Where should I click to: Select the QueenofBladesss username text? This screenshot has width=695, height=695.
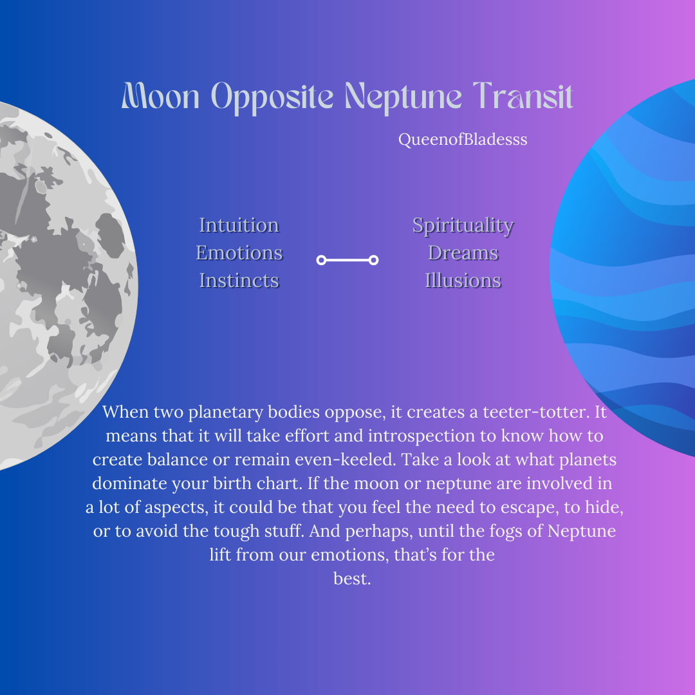(x=463, y=140)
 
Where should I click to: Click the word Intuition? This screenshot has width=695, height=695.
(x=239, y=225)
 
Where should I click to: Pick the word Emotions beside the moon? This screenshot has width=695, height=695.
(x=239, y=253)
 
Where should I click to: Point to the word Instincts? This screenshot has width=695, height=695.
(x=239, y=281)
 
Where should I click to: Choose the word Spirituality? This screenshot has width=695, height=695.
(x=463, y=226)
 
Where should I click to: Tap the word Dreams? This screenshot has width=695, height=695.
(x=463, y=253)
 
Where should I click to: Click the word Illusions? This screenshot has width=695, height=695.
(x=463, y=281)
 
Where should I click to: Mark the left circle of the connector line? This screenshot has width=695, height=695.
(x=322, y=260)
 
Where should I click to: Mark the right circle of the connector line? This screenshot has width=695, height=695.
(x=373, y=260)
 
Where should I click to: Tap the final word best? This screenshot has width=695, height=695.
(x=352, y=579)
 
